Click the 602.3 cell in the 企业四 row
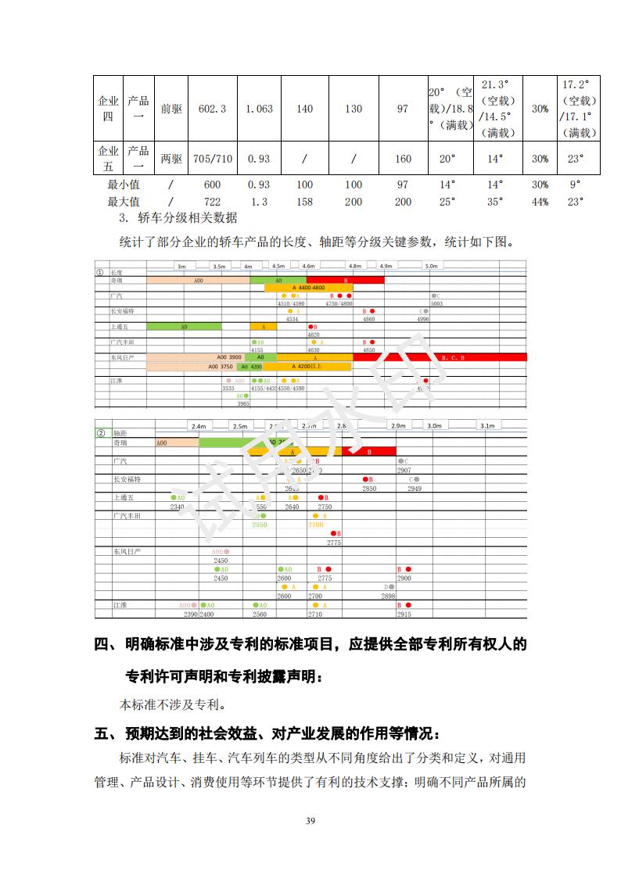(212, 109)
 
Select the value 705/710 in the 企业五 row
(212, 159)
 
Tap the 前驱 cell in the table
(171, 109)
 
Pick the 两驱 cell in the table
(171, 159)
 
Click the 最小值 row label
(124, 185)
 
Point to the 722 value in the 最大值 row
(212, 201)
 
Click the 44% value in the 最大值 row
(540, 201)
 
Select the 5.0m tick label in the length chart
(431, 267)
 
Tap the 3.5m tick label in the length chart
(219, 267)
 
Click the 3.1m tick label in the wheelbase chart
(487, 426)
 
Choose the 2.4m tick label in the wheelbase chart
(198, 426)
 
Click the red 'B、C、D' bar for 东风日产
(454, 357)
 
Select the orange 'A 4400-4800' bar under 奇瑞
(308, 288)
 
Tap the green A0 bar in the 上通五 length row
(184, 326)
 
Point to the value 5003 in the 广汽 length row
(436, 303)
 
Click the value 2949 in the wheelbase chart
(414, 489)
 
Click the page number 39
(310, 820)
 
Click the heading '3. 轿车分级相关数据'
(178, 217)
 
